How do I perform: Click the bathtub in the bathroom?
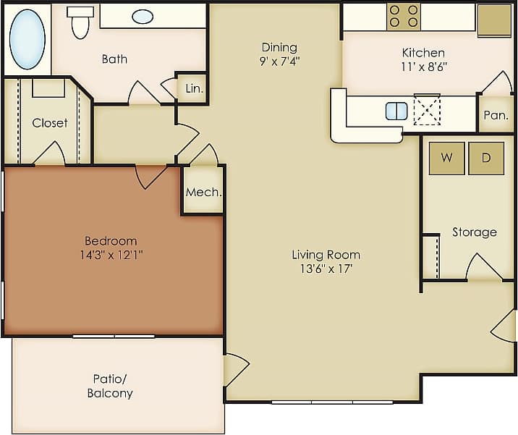(27, 40)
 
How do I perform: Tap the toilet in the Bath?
(80, 22)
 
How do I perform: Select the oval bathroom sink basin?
(143, 17)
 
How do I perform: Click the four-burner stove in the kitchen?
(403, 17)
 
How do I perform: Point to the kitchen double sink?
(396, 111)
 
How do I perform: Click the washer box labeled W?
(446, 159)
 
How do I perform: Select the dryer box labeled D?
(485, 159)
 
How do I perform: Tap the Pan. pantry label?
(496, 115)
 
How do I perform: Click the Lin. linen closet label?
(194, 88)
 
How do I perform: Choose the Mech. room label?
(203, 193)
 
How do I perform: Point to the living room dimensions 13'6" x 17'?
(326, 269)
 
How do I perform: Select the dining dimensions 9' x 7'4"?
(280, 62)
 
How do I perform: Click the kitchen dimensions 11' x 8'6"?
(423, 67)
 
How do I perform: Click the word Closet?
(50, 123)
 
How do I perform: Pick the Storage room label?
(474, 232)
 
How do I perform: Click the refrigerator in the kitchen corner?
(495, 20)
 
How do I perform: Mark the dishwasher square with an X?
(427, 110)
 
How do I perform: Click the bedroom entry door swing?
(150, 175)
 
